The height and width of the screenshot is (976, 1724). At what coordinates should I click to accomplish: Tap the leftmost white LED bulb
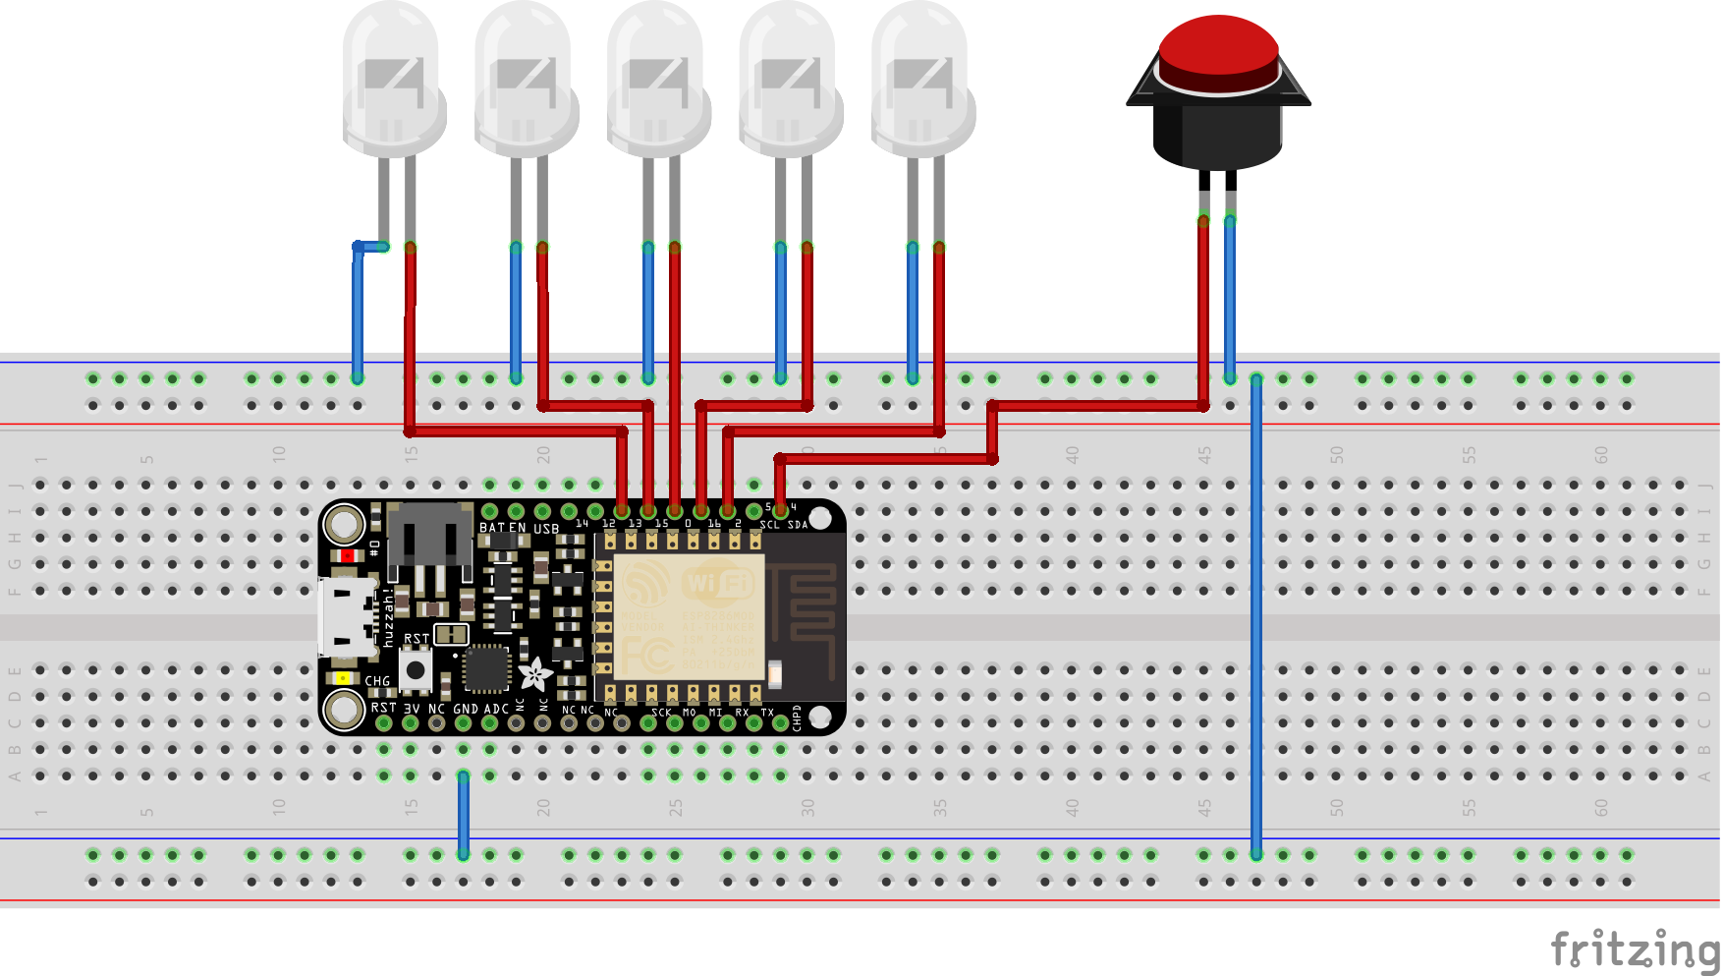click(x=392, y=79)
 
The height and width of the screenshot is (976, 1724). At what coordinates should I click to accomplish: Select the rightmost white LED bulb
click(x=920, y=79)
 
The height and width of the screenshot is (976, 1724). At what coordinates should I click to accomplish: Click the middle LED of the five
click(x=656, y=79)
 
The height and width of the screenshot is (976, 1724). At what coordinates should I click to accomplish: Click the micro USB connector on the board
click(x=346, y=616)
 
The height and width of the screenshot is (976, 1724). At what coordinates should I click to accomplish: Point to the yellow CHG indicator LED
click(x=342, y=678)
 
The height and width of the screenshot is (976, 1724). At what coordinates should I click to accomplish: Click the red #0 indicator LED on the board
click(x=347, y=556)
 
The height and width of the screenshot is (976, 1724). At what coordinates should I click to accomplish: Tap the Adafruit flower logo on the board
click(x=535, y=674)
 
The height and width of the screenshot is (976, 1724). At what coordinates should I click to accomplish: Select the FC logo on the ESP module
click(x=645, y=653)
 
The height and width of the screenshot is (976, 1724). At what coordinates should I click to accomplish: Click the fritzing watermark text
click(x=1635, y=949)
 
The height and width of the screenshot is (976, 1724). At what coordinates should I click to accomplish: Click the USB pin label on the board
click(x=546, y=529)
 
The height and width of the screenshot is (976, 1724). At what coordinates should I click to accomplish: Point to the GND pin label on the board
click(x=466, y=709)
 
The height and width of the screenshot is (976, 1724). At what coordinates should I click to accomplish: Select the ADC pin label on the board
click(x=497, y=709)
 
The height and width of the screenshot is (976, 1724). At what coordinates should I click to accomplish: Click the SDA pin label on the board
click(x=798, y=525)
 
